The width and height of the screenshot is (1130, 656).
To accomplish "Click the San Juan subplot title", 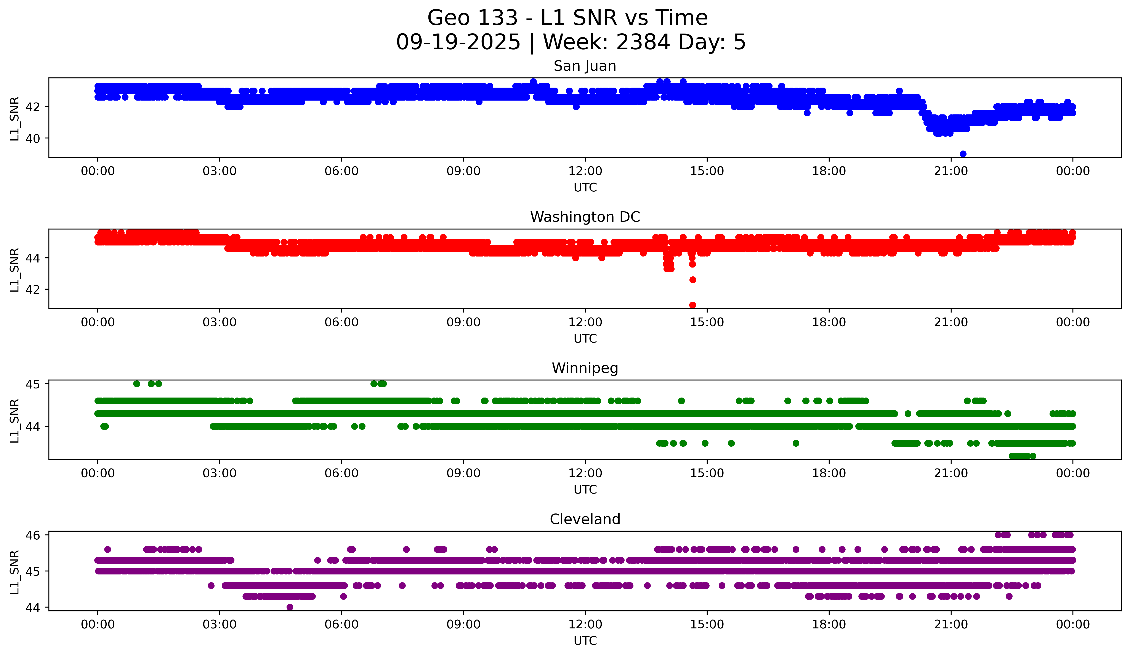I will click(585, 66).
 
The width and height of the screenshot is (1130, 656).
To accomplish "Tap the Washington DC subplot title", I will click(585, 217).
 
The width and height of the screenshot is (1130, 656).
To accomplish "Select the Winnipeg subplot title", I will click(585, 368).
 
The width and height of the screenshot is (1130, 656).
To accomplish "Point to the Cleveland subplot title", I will click(585, 519).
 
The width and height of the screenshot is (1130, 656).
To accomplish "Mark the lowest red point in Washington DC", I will click(692, 305).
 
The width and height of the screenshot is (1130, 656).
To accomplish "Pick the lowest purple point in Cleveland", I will click(290, 607).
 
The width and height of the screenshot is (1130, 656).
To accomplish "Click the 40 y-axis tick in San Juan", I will click(32, 139).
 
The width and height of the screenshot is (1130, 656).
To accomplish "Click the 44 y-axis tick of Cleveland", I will click(32, 608).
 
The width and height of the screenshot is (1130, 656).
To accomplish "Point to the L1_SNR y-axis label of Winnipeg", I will click(14, 421).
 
